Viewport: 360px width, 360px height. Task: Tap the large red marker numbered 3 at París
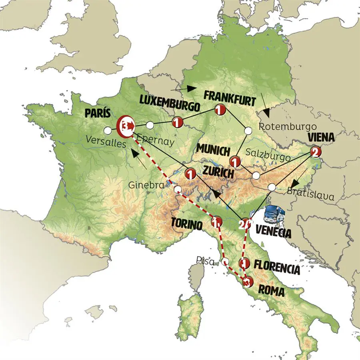pos(125,126)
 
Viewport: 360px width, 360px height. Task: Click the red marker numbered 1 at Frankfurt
pos(219,109)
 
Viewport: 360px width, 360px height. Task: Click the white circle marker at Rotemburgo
pos(248,130)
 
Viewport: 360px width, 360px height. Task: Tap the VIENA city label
pos(321,138)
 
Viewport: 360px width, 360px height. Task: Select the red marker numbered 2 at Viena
pos(315,152)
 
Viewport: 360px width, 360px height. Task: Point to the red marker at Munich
pos(234,162)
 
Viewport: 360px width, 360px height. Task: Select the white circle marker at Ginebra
pos(178,189)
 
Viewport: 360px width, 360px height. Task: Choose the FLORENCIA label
pos(277,268)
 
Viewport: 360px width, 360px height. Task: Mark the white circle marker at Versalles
pos(107,130)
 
